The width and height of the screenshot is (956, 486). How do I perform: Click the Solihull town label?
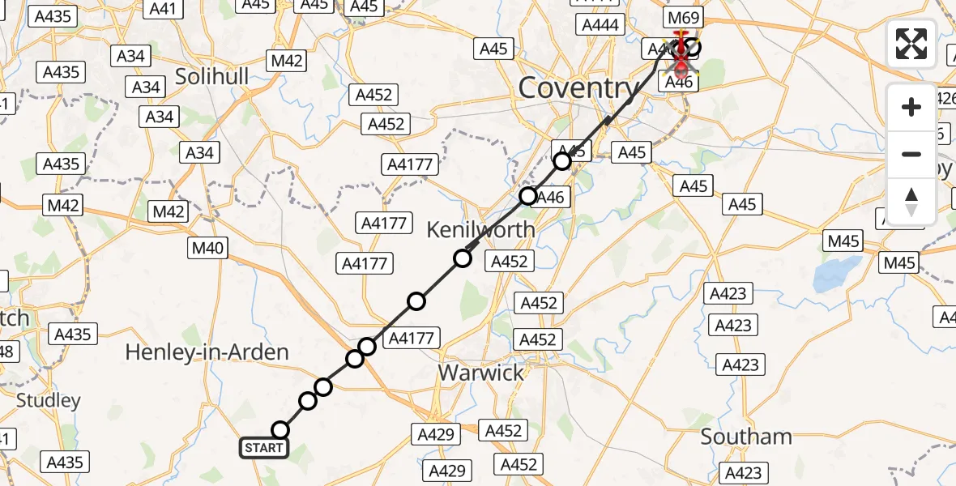(213, 78)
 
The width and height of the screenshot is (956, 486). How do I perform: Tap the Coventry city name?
(578, 87)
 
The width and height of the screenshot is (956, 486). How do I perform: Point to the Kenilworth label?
(480, 229)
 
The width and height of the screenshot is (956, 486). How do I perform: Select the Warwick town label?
(480, 373)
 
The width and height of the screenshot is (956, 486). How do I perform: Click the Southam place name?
(746, 437)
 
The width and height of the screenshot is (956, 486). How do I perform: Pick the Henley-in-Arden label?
(207, 352)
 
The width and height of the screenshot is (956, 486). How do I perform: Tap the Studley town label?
(49, 400)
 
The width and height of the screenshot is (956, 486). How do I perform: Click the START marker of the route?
(263, 448)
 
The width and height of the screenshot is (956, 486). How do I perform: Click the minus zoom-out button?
(911, 154)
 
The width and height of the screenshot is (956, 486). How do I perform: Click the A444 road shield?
(600, 25)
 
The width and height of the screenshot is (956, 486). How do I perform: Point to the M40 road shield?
(207, 249)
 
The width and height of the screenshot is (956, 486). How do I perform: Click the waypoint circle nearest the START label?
(280, 430)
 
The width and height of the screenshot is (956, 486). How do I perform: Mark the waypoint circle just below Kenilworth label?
(462, 258)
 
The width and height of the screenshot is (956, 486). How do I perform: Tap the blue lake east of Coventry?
(840, 275)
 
